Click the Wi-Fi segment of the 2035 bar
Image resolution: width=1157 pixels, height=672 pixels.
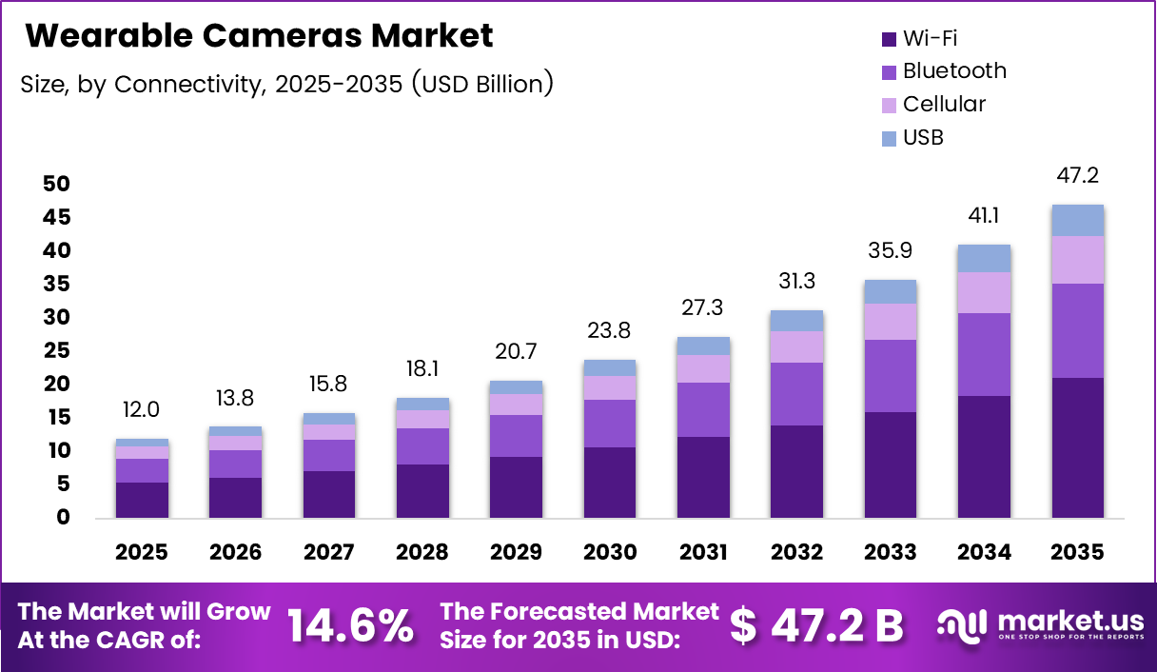click(x=1078, y=447)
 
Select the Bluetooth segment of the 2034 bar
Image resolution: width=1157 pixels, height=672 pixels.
click(x=984, y=354)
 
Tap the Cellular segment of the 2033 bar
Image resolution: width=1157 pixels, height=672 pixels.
click(x=891, y=322)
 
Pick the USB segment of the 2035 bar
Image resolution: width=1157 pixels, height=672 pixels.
click(x=1078, y=220)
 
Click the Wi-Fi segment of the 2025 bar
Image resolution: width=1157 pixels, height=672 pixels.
click(x=143, y=500)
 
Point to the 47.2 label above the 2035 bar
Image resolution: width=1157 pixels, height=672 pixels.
click(x=1078, y=176)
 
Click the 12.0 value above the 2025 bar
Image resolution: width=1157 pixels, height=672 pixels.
click(x=143, y=409)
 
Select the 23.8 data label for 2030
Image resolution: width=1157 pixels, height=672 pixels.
click(x=610, y=332)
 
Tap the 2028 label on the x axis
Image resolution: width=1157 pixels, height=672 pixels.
click(x=422, y=552)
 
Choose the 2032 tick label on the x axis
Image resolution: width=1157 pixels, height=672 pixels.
click(x=797, y=552)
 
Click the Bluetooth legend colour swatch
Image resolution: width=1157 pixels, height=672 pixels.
click(x=890, y=72)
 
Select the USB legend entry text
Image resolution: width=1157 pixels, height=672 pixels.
click(x=923, y=137)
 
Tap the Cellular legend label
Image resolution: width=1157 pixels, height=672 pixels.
click(x=944, y=104)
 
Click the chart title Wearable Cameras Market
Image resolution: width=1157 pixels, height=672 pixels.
click(x=259, y=36)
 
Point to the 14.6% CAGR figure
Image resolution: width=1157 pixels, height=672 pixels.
click(x=350, y=625)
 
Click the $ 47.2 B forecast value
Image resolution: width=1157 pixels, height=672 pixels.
click(x=816, y=625)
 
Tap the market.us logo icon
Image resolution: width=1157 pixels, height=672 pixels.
click(x=961, y=624)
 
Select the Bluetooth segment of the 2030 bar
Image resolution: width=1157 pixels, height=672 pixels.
click(x=610, y=424)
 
